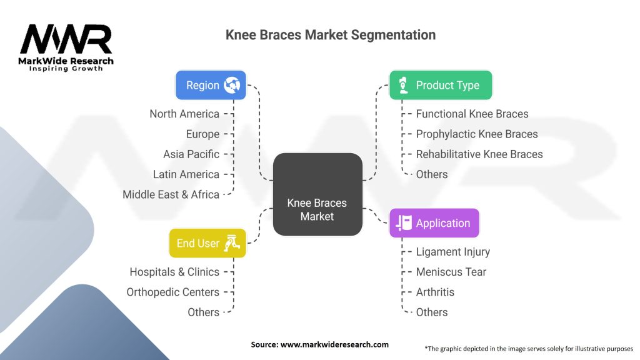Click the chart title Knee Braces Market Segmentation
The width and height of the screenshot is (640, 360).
pyautogui.click(x=331, y=35)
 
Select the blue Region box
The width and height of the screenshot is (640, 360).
pyautogui.click(x=211, y=85)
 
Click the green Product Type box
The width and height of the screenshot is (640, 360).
pyautogui.click(x=441, y=85)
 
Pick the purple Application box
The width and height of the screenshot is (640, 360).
pyautogui.click(x=434, y=223)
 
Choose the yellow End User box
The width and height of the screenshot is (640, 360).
pyautogui.click(x=207, y=243)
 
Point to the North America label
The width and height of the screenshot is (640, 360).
pyautogui.click(x=184, y=114)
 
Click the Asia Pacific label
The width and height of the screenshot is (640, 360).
pyautogui.click(x=191, y=154)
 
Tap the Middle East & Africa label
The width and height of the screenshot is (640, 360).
pyautogui.click(x=171, y=194)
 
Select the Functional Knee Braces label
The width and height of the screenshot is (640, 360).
pyautogui.click(x=472, y=114)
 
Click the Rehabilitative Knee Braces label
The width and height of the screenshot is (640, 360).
pyautogui.click(x=479, y=154)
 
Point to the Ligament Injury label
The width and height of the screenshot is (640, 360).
pyautogui.click(x=452, y=252)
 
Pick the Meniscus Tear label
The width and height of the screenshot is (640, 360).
pyautogui.click(x=451, y=272)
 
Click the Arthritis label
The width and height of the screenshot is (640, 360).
pyautogui.click(x=435, y=292)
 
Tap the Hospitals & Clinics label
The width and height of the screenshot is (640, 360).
pyautogui.click(x=174, y=272)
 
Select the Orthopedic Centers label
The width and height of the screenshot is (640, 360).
pyautogui.click(x=173, y=292)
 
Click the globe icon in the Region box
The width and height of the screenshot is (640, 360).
pyautogui.click(x=232, y=85)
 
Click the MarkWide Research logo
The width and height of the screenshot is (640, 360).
pyautogui.click(x=66, y=47)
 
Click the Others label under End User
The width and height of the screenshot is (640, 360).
pyautogui.click(x=204, y=312)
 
